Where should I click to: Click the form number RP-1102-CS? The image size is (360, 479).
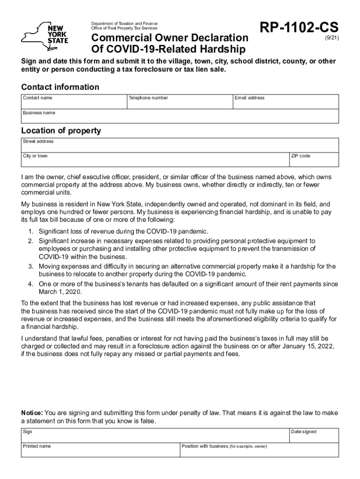[299, 28]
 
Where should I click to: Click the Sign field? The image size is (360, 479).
[154, 435]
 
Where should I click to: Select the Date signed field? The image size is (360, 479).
[313, 435]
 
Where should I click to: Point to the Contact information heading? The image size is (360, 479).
[60, 87]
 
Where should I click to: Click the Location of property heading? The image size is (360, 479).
[61, 131]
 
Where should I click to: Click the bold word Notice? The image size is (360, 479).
[32, 413]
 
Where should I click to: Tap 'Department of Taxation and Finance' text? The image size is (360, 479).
[124, 23]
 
